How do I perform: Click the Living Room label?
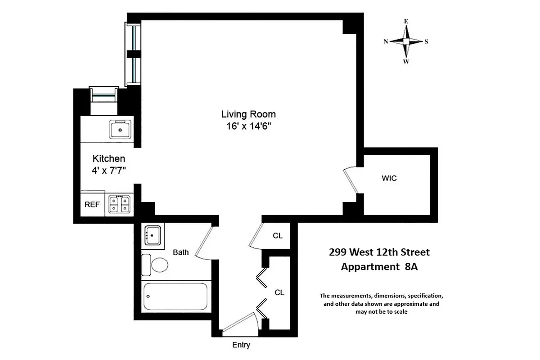click(x=248, y=114)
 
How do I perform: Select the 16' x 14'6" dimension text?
click(x=248, y=127)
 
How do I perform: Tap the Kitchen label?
click(x=108, y=158)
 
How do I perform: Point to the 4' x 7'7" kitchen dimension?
click(x=108, y=171)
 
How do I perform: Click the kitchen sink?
click(x=120, y=130)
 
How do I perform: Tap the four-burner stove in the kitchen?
click(x=120, y=204)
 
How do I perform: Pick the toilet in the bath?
click(x=155, y=265)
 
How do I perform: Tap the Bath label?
click(x=181, y=252)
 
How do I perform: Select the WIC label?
click(x=389, y=178)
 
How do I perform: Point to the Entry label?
click(x=241, y=345)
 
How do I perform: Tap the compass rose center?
click(x=406, y=41)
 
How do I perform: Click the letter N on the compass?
click(x=386, y=41)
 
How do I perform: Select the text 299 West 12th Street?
click(x=379, y=252)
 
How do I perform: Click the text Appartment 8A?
click(x=379, y=266)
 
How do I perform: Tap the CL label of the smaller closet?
click(x=278, y=235)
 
